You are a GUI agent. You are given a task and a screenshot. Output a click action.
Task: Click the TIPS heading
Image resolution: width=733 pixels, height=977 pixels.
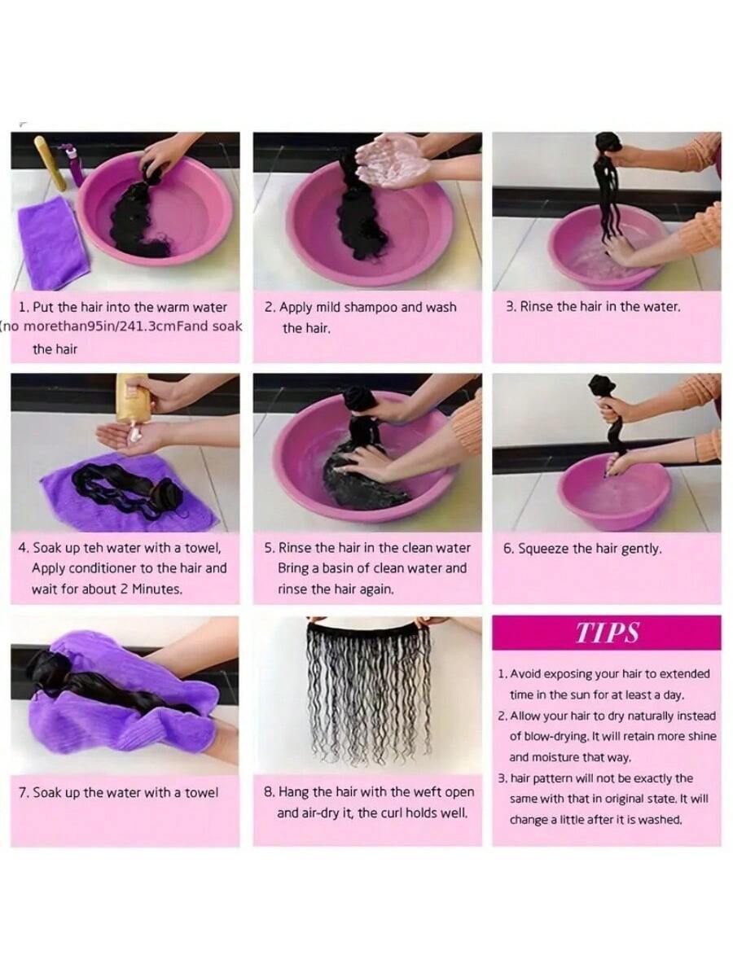pyautogui.click(x=607, y=632)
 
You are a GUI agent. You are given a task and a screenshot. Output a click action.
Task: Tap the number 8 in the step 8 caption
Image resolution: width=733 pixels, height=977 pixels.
pyautogui.click(x=269, y=792)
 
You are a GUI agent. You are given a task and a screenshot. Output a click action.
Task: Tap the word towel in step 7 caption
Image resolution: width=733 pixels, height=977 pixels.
pyautogui.click(x=201, y=793)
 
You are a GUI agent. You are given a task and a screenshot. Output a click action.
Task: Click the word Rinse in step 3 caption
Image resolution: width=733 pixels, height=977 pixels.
pyautogui.click(x=534, y=307)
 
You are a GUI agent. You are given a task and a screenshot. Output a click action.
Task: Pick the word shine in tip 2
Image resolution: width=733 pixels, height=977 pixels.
pyautogui.click(x=701, y=737)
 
